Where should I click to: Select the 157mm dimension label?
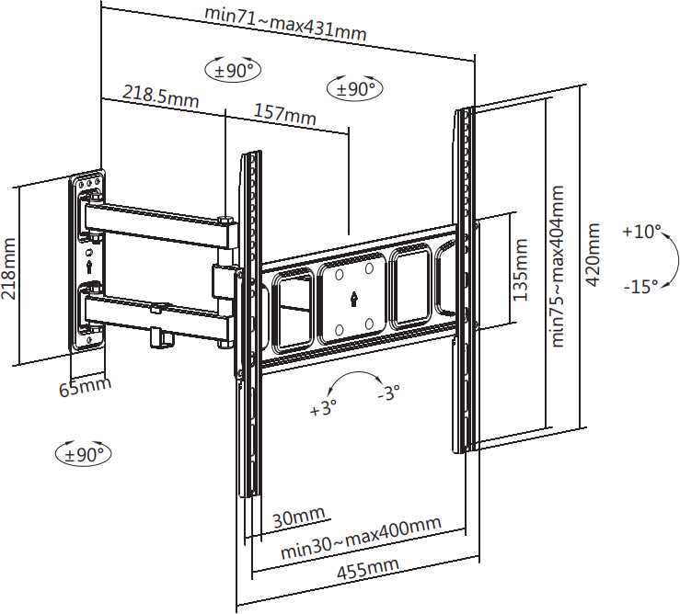tap(284, 115)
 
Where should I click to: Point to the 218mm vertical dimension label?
tap(9, 273)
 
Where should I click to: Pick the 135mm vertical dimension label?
tap(521, 271)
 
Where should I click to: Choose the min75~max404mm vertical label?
tap(559, 266)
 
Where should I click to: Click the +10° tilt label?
tap(641, 232)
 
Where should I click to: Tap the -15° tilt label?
tap(640, 286)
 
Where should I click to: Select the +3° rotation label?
tap(323, 409)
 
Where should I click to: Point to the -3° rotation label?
tap(388, 393)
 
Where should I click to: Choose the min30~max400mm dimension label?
tap(361, 538)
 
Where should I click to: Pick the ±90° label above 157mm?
tap(355, 89)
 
